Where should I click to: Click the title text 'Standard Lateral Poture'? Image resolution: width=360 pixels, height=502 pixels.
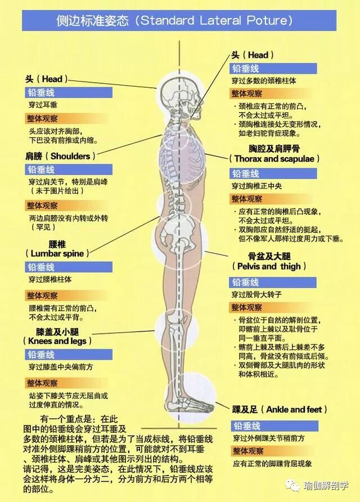216,21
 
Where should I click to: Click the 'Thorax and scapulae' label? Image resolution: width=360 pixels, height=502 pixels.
277,159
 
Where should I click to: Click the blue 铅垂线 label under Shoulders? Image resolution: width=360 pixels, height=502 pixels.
42,169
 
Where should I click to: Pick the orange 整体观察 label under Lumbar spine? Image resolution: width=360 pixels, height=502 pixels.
42,295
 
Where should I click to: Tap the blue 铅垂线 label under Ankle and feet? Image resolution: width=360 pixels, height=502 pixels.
247,426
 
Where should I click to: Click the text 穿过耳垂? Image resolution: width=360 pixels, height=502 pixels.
43,105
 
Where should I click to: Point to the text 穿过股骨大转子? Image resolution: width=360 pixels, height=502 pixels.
256,294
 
